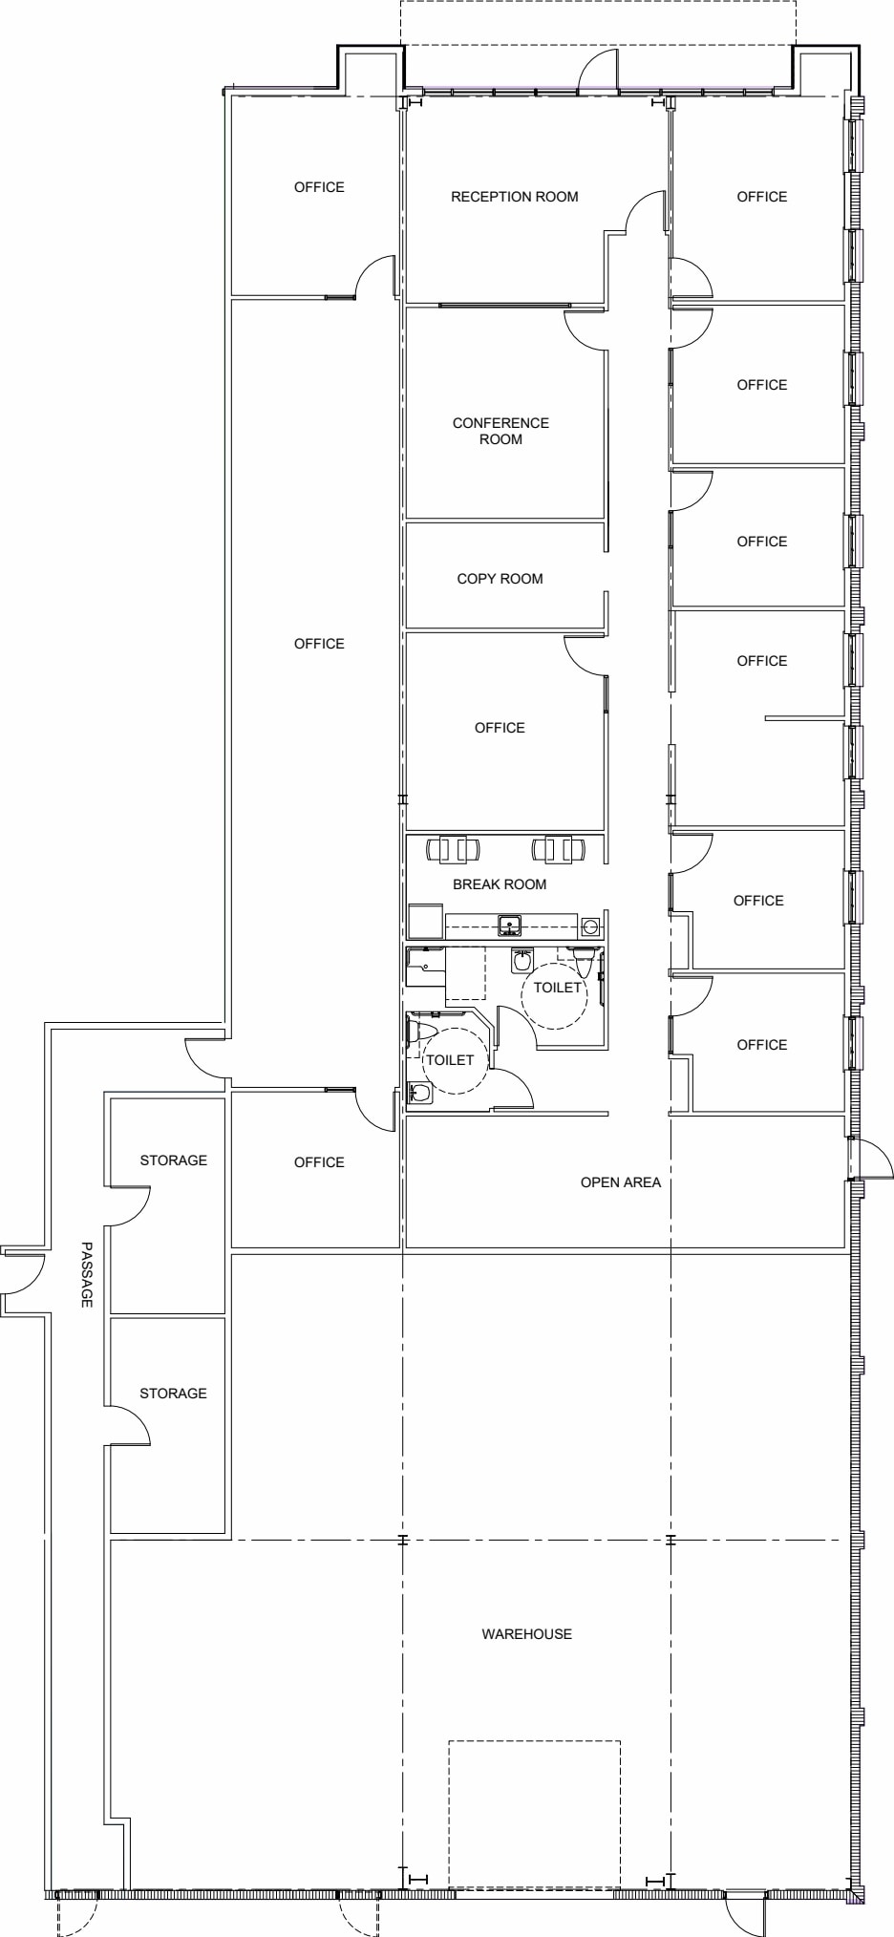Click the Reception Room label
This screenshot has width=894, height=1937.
(514, 197)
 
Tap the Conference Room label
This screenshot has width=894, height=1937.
(500, 431)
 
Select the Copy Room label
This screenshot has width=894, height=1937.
(500, 579)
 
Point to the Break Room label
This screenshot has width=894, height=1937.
(500, 884)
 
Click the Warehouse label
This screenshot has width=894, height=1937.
(526, 1634)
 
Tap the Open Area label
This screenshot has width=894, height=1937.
(621, 1182)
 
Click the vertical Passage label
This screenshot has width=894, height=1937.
(87, 1274)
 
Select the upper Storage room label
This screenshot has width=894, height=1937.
(173, 1160)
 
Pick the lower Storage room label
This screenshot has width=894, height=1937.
(173, 1394)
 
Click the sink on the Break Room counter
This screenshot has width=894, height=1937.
(509, 925)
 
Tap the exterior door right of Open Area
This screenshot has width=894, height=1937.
(874, 1159)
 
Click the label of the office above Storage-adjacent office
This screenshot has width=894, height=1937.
(319, 644)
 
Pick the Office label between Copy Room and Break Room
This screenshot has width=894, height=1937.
(500, 728)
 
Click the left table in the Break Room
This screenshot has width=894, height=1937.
(453, 849)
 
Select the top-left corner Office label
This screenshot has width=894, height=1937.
(319, 187)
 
